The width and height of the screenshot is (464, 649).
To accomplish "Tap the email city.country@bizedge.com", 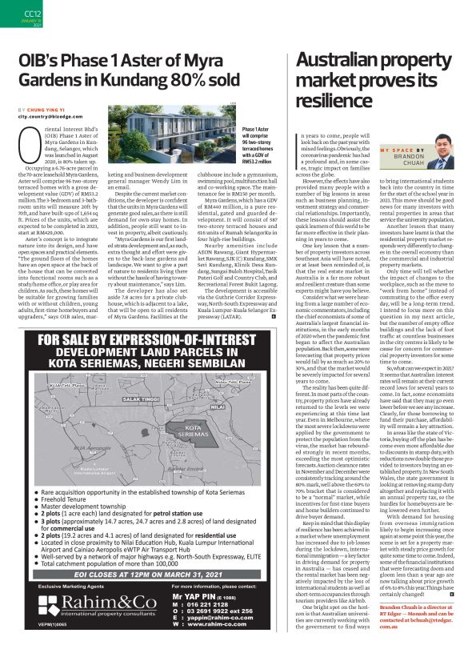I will click(x=51, y=116).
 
